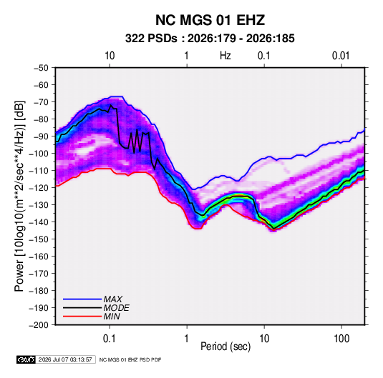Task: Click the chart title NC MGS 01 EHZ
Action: (x=210, y=20)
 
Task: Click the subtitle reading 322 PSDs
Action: (x=151, y=39)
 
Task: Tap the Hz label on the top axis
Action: (x=226, y=56)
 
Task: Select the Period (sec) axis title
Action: (x=226, y=347)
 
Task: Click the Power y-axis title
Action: (x=19, y=197)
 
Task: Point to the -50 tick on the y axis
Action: (x=41, y=68)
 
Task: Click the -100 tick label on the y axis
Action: (x=39, y=154)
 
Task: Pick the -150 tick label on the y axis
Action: (x=39, y=239)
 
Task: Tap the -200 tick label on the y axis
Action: (x=39, y=325)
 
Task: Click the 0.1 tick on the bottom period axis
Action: (x=110, y=339)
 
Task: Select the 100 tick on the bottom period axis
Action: (x=341, y=339)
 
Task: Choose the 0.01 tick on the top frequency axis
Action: (x=341, y=56)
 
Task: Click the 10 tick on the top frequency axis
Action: (x=110, y=56)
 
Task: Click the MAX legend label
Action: (x=112, y=299)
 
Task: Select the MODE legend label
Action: (x=116, y=308)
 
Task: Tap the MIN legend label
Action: (x=112, y=317)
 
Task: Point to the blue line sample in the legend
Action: (x=82, y=299)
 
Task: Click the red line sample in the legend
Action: (x=82, y=317)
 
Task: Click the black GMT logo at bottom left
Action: (x=26, y=359)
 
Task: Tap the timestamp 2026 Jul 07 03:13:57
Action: (x=65, y=359)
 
